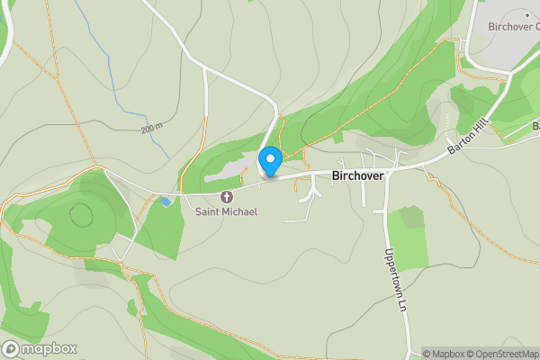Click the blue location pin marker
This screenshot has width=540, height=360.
coord(270,162)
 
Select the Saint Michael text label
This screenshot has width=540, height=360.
coord(227,211)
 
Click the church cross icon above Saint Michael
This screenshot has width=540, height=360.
coord(226,196)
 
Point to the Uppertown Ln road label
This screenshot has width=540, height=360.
coord(391,280)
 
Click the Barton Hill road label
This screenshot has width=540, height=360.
coord(469,138)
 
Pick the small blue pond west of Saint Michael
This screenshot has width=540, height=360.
coord(165,202)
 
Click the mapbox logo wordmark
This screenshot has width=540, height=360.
coord(49,348)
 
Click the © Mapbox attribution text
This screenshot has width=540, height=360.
coord(444,354)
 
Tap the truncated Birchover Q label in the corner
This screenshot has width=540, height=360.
coord(513,26)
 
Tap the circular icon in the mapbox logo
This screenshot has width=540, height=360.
coord(12,348)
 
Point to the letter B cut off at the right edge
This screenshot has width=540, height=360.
coord(535,126)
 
